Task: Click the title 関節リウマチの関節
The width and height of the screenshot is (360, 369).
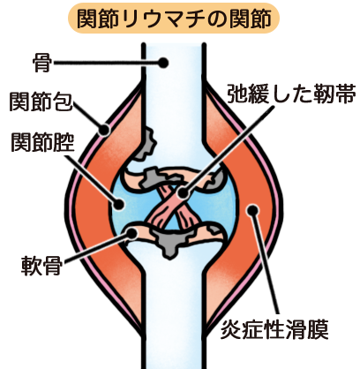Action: click(x=174, y=19)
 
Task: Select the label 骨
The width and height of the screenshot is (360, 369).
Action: click(x=42, y=63)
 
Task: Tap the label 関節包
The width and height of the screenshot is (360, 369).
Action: click(x=41, y=102)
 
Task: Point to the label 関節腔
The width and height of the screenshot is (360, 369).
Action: click(x=42, y=141)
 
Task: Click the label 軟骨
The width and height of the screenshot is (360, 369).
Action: click(x=41, y=266)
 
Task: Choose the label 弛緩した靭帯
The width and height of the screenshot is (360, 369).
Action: click(x=291, y=94)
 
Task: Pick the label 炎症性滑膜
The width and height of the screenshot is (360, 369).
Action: click(x=274, y=329)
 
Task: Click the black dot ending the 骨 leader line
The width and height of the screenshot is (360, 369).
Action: click(x=163, y=63)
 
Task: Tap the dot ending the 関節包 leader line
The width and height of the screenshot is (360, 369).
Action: click(x=104, y=129)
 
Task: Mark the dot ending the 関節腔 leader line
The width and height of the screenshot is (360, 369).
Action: click(x=119, y=204)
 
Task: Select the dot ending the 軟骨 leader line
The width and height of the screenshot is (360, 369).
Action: click(x=132, y=233)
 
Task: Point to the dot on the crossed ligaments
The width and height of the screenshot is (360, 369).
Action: click(x=183, y=193)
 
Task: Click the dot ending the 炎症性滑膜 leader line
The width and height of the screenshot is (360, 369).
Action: click(x=253, y=210)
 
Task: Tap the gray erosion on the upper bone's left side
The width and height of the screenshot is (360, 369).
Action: click(x=147, y=143)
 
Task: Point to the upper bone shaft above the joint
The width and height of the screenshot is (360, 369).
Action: click(x=173, y=88)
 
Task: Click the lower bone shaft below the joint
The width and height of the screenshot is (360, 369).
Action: click(x=173, y=309)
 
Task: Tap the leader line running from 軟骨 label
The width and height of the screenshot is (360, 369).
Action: click(x=96, y=248)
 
